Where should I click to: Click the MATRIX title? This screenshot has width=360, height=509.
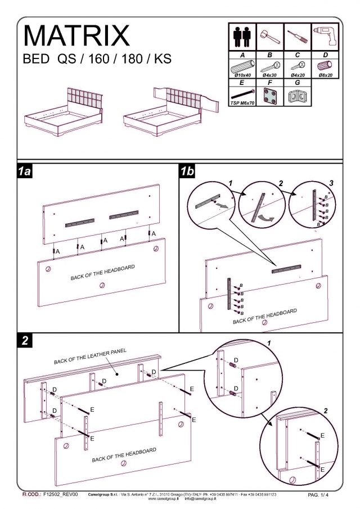click(76, 35)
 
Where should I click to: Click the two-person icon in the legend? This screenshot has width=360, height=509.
click(241, 37)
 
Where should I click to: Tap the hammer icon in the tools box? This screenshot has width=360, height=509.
click(268, 37)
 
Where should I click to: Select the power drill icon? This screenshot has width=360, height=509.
click(325, 37)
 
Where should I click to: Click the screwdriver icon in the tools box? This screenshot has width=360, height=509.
click(296, 38)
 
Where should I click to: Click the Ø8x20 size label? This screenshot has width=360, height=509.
click(325, 75)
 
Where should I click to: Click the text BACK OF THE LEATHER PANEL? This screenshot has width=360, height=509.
click(90, 356)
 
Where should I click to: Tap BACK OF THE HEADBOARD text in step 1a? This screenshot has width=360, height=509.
click(102, 272)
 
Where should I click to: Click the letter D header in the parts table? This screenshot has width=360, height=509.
click(325, 55)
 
